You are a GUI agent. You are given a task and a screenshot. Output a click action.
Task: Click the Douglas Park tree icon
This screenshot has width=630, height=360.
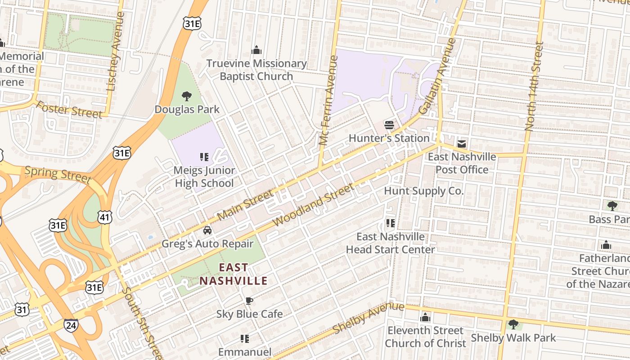(187, 96)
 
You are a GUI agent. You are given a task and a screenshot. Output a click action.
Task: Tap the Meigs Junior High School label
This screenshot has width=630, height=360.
(204, 177)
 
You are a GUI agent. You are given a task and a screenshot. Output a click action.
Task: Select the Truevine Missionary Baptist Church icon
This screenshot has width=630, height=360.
(256, 50)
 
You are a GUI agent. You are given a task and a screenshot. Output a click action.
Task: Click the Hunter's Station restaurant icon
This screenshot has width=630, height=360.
(389, 125)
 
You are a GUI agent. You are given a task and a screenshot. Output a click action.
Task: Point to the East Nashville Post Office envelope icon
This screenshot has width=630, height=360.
(462, 144)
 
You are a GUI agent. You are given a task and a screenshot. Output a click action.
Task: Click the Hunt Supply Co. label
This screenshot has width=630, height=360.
(423, 191)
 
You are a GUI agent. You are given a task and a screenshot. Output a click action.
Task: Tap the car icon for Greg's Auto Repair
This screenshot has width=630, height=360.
(207, 230)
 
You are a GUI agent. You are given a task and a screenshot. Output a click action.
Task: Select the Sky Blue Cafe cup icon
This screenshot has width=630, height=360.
(249, 301)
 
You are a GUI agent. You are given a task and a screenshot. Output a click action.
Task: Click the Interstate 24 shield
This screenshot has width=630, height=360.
(71, 325)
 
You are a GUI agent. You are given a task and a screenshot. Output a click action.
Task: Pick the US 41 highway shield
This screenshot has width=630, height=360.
(104, 217)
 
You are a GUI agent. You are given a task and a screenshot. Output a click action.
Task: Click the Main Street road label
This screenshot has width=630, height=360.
(245, 205)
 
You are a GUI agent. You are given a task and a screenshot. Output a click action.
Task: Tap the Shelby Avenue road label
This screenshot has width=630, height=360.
(368, 318)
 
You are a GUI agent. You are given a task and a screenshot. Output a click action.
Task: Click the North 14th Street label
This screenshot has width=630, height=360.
(534, 85)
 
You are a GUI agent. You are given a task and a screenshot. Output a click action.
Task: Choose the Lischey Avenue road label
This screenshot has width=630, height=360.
(115, 52)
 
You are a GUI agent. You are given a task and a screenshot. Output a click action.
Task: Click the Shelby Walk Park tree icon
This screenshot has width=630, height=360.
(513, 324)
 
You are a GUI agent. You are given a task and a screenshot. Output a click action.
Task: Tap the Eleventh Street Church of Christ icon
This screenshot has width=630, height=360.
(425, 318)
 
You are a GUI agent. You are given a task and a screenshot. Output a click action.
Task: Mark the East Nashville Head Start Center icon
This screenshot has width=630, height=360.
(390, 223)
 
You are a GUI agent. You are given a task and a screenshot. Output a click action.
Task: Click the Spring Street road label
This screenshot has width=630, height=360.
(58, 175)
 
